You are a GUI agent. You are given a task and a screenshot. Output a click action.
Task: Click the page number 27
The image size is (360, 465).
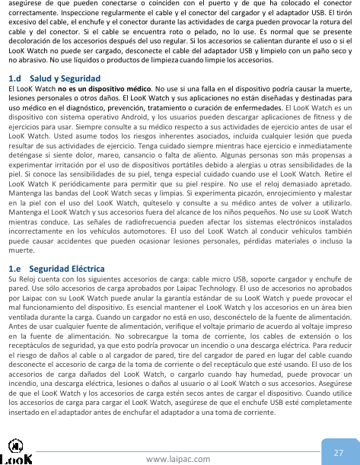[x=338, y=452]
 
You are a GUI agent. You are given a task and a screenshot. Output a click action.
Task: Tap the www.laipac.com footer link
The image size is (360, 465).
[x=180, y=458]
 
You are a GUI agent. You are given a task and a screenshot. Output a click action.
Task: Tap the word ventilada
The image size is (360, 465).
[x=24, y=337]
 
